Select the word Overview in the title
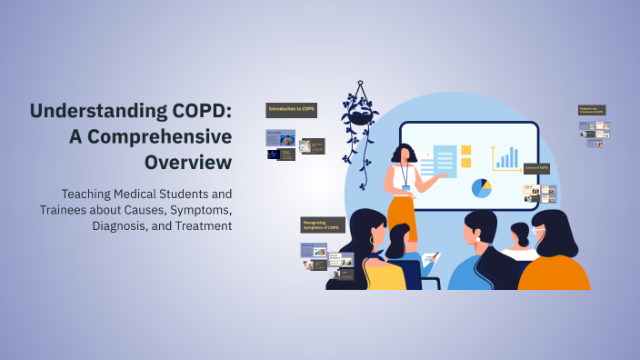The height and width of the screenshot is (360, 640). tap(187, 162)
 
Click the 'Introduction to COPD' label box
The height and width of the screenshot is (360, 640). tap(291, 110)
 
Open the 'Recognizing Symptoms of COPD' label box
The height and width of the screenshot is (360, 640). tap(323, 225)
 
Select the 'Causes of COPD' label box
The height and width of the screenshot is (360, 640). tap(536, 168)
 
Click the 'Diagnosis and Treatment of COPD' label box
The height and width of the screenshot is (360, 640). tap(592, 110)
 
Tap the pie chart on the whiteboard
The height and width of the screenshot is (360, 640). tap(481, 188)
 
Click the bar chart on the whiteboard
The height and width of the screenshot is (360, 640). tap(505, 157)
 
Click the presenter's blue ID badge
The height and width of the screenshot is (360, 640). tap(405, 187)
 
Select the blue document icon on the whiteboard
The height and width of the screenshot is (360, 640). tap(445, 162)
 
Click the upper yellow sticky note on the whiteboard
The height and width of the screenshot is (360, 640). tap(466, 150)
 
